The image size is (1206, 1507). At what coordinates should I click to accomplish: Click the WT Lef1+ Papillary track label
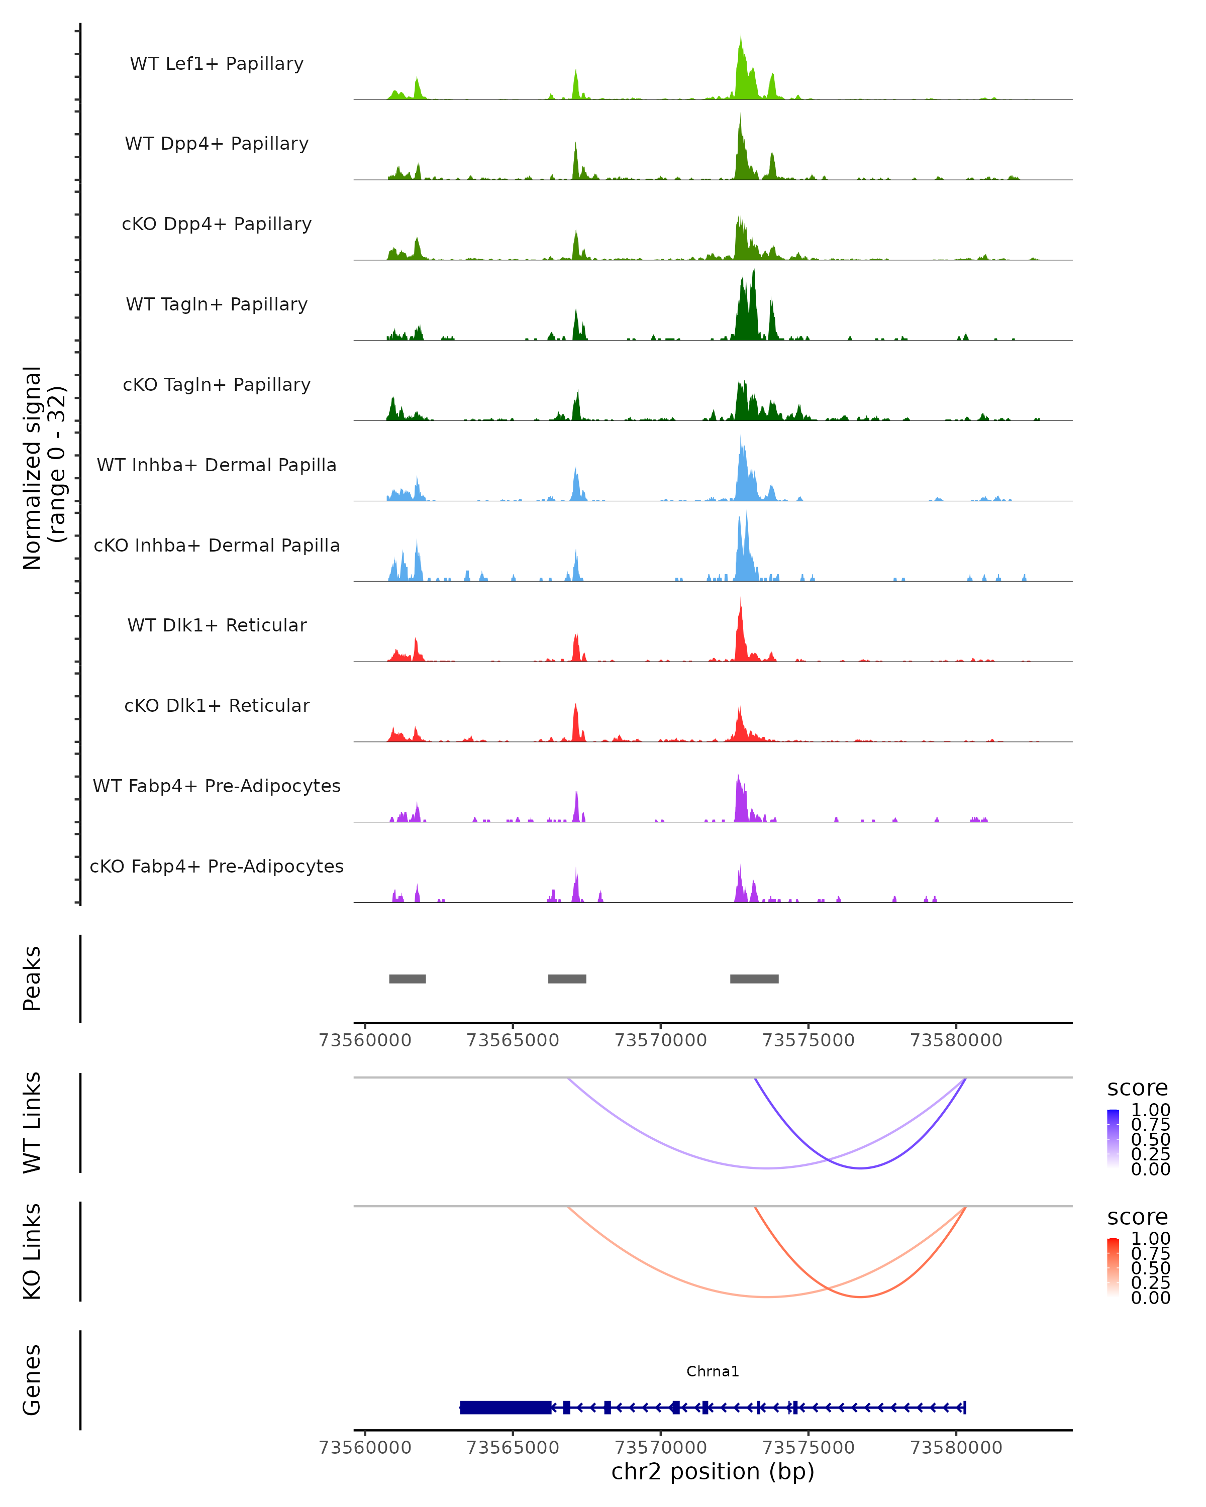point(217,64)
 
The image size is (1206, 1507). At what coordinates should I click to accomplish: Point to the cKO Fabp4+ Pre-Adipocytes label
point(217,866)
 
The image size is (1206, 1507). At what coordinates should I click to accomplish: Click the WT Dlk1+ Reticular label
point(217,625)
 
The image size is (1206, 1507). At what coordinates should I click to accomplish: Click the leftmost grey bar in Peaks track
point(408,979)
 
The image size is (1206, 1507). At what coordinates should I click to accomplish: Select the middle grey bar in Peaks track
point(567,979)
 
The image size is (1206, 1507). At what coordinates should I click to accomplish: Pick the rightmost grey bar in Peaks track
point(754,979)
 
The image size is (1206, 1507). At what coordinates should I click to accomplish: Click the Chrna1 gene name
point(713,1371)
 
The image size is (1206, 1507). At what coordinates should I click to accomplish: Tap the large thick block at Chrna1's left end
point(506,1407)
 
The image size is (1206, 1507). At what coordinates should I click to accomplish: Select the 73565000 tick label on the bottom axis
point(513,1448)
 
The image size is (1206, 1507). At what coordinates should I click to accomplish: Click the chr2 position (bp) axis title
point(713,1472)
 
